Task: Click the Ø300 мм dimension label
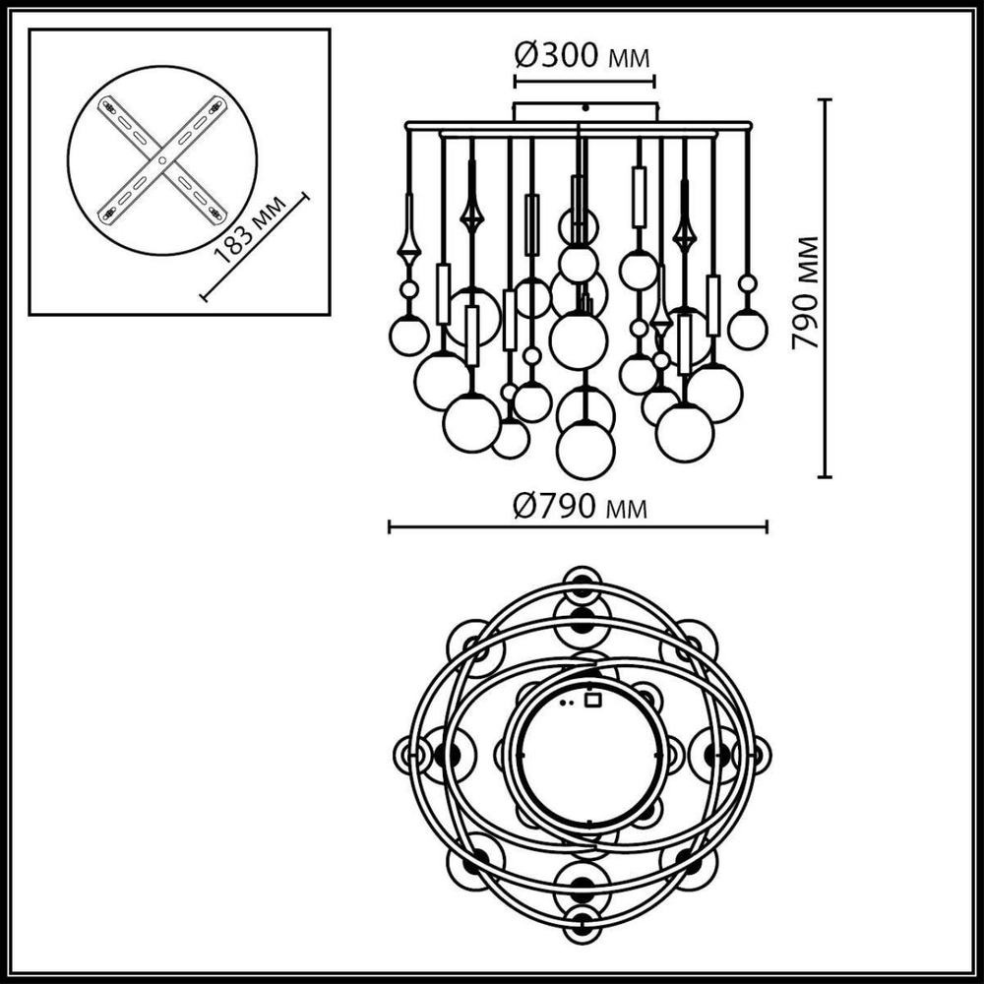coord(583,55)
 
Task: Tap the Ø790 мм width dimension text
coord(581,507)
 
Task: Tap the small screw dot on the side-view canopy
coord(585,107)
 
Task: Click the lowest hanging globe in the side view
coord(585,451)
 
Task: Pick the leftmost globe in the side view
coord(408,336)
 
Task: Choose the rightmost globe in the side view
coord(748,330)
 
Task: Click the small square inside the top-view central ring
coord(592,701)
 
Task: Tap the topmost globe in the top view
coord(583,581)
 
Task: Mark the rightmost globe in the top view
coord(756,755)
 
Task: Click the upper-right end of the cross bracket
coord(217,102)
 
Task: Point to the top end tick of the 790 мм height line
coord(825,99)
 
